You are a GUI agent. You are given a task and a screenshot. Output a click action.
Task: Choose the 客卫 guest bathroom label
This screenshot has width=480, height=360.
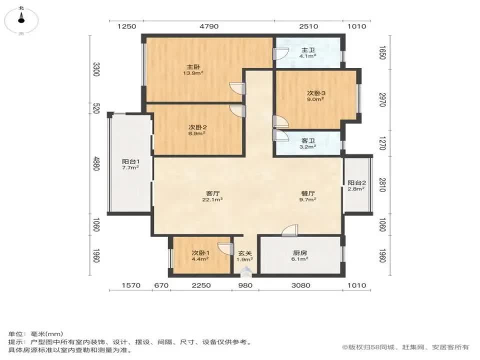coord(307,141)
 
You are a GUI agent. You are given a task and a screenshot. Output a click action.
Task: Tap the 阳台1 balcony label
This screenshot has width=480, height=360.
coord(130,161)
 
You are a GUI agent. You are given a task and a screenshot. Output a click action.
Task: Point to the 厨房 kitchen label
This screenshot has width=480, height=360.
coord(300,253)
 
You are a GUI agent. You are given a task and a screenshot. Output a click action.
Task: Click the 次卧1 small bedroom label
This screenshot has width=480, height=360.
coord(200,253)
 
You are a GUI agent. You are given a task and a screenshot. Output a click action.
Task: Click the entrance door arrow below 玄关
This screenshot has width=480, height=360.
coord(245,272)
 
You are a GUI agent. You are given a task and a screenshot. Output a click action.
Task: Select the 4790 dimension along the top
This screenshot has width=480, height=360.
coord(208,26)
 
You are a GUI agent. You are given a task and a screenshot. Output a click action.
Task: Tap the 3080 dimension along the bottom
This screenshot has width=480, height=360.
coord(301,285)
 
